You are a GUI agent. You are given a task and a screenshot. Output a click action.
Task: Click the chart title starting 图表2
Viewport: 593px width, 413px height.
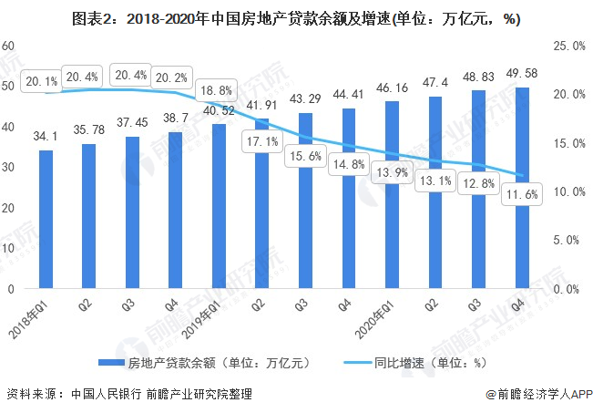(x=296, y=17)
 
